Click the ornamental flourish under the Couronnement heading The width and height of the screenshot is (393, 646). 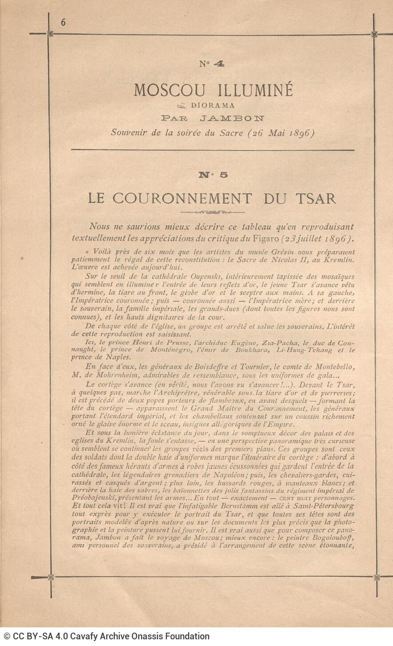point(213,212)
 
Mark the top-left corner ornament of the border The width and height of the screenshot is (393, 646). point(50,33)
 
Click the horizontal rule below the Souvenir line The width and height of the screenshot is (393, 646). point(213,150)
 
